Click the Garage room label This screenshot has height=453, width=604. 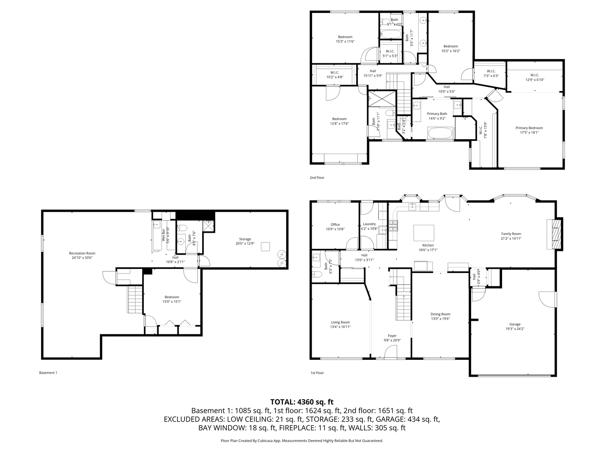pyautogui.click(x=515, y=324)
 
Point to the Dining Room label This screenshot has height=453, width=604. pyautogui.click(x=440, y=314)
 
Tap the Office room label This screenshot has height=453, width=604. pyautogui.click(x=335, y=224)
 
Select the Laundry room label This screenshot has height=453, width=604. pyautogui.click(x=369, y=224)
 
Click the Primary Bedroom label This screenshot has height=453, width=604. pyautogui.click(x=529, y=128)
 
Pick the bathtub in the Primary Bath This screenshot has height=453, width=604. pyautogui.click(x=440, y=134)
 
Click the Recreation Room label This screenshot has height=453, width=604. pyautogui.click(x=82, y=253)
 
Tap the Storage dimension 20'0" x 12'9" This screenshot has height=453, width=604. pyautogui.click(x=245, y=243)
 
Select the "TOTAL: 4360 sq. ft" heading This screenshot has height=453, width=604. pyautogui.click(x=302, y=402)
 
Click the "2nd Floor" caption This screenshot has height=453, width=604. pyautogui.click(x=317, y=177)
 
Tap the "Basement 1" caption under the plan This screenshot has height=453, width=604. pyautogui.click(x=48, y=372)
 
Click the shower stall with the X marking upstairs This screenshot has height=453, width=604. pyautogui.click(x=382, y=99)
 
